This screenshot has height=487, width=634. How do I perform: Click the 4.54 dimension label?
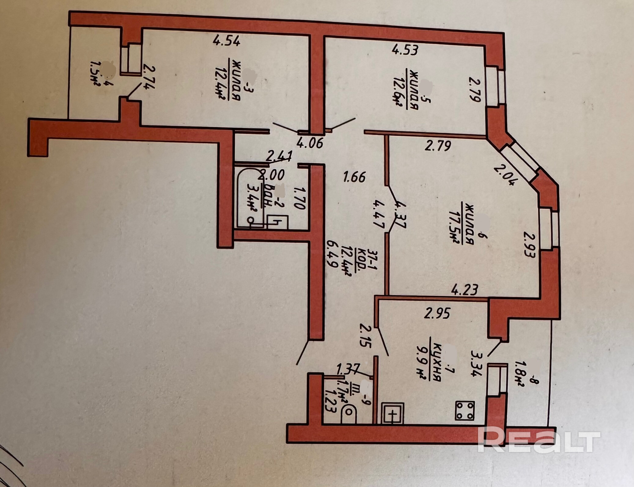point(227,41)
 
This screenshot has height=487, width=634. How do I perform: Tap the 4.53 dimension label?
point(405,49)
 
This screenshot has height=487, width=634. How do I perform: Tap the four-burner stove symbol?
point(465,410)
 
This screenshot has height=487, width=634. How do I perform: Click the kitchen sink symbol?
point(393,413)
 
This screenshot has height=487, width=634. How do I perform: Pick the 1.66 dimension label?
point(354,177)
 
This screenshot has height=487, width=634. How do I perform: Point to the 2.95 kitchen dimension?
point(437,313)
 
